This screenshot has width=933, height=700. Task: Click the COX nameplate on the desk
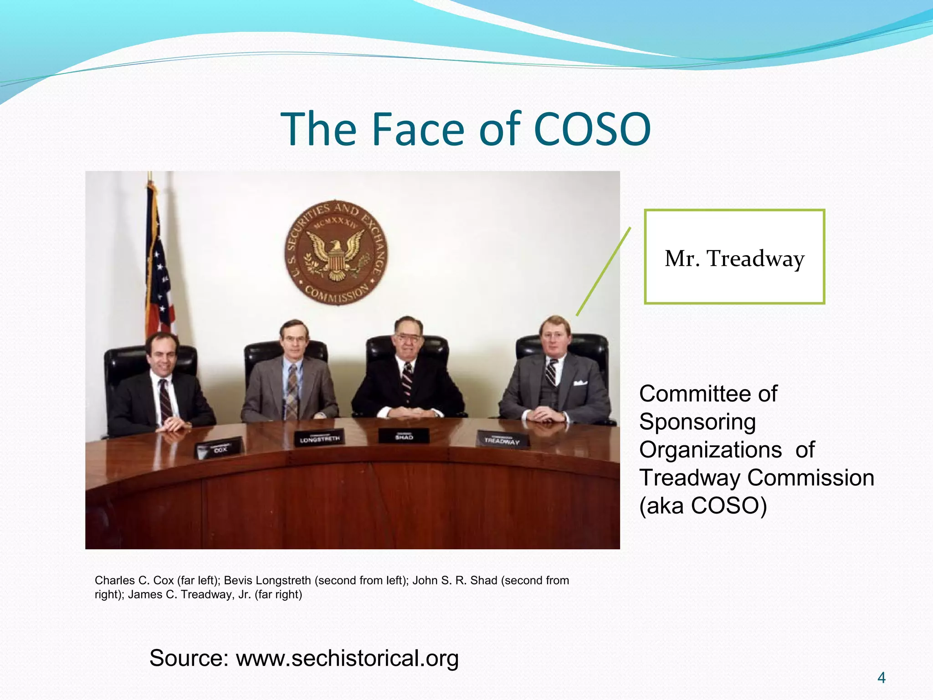pos(220,448)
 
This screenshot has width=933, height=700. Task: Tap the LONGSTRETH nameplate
pos(319,438)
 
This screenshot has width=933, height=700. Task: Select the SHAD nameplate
pos(404,436)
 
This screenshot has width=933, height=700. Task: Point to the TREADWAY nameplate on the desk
pos(502,440)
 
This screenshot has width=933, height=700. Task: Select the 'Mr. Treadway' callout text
pos(734,259)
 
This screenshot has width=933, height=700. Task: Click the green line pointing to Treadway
pos(603,272)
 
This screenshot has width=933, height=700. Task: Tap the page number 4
pos(881,678)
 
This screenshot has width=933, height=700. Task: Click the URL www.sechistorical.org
pos(347,658)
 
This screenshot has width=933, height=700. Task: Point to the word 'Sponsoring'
pos(697,422)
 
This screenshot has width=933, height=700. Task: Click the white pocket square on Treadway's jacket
pos(579,383)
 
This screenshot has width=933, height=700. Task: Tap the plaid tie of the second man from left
pos(292,392)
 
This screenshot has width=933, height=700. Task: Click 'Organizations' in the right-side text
pos(710,450)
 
